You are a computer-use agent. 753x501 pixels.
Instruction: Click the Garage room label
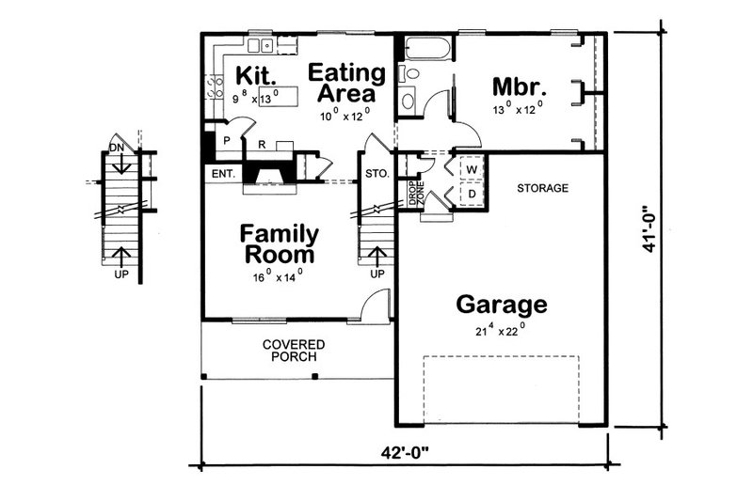click(x=502, y=305)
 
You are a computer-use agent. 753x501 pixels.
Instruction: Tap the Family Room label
click(x=280, y=243)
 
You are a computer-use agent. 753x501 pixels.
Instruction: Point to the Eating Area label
click(x=346, y=84)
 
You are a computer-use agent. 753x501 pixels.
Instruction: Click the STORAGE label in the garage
click(x=542, y=188)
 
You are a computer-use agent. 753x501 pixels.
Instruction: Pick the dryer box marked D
click(x=472, y=194)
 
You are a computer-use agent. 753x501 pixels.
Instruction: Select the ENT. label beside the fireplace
click(x=222, y=174)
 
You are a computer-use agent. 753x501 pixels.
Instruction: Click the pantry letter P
click(x=226, y=142)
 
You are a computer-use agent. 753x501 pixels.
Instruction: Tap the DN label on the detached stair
click(x=116, y=148)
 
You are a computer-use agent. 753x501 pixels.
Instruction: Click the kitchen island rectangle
click(x=280, y=95)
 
